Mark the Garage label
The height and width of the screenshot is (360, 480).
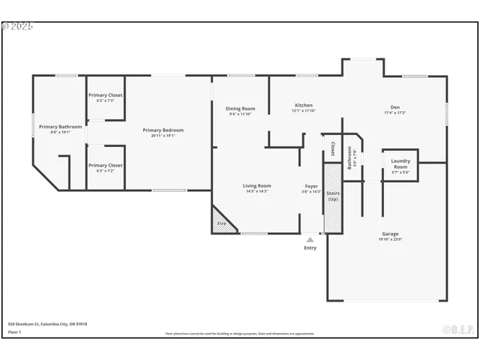[390, 234]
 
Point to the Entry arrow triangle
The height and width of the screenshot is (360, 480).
[310, 240]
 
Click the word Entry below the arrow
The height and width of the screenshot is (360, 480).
[310, 248]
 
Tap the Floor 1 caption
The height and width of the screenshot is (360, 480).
[14, 331]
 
